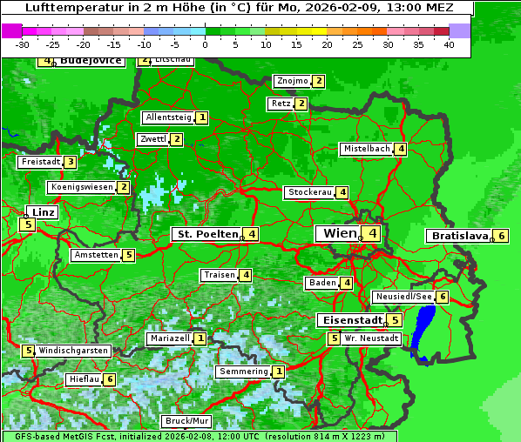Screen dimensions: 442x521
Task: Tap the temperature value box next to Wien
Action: click(x=372, y=233)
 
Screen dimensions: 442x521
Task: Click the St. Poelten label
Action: click(x=206, y=234)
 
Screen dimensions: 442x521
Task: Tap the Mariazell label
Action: click(x=169, y=338)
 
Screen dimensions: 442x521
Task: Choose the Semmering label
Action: click(x=244, y=372)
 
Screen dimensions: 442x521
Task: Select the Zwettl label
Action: click(x=152, y=139)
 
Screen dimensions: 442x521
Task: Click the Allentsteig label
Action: click(x=168, y=117)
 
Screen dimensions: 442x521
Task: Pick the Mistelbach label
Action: click(x=366, y=149)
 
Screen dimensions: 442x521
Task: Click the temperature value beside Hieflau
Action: click(x=109, y=379)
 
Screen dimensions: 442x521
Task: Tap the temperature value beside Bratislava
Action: click(x=501, y=236)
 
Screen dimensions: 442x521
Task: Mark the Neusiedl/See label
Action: click(x=403, y=297)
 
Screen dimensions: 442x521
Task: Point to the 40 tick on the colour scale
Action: click(x=449, y=44)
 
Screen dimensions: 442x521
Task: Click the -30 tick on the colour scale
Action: click(x=23, y=44)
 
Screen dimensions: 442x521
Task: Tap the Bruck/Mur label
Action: click(x=187, y=421)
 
